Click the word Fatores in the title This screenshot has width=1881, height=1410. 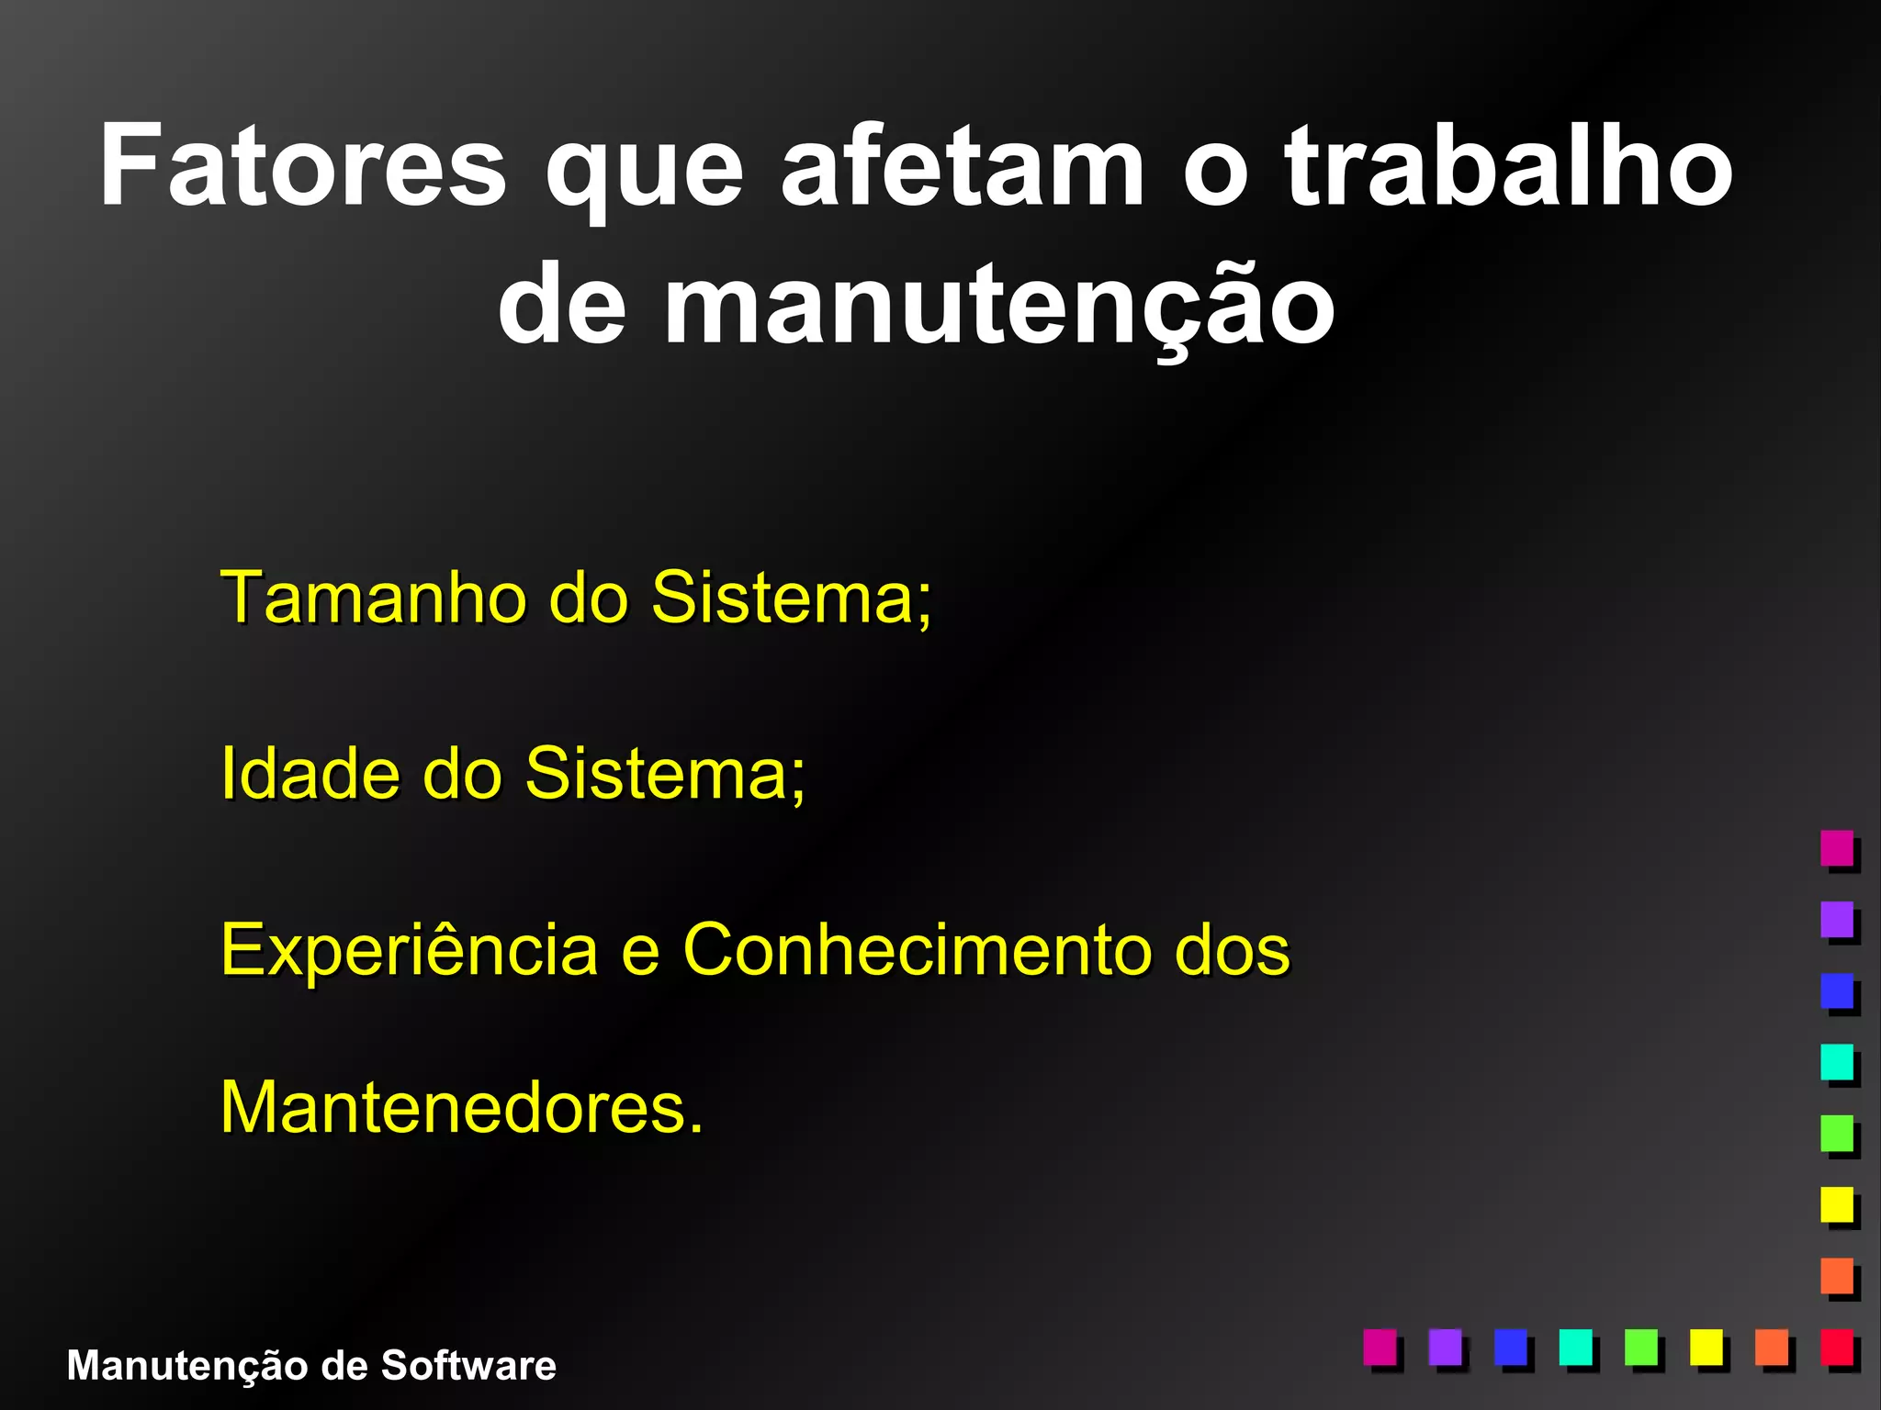coord(303,168)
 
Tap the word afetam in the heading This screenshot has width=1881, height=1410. coord(963,168)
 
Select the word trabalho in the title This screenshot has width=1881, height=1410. coord(1507,168)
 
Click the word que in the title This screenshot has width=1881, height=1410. coord(643,174)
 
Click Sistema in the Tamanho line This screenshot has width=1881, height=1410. coord(791,598)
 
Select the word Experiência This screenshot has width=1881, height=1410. coord(410,949)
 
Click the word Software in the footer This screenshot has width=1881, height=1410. coord(468,1366)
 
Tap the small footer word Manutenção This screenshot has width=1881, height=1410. coord(187,1366)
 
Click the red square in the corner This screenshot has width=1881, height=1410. coord(1837,1347)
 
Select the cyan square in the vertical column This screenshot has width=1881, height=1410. coord(1837,1061)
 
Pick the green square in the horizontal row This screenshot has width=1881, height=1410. coord(1641,1347)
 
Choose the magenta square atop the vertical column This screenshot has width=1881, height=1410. coord(1837,847)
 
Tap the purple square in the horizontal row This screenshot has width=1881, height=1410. coord(1446,1347)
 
